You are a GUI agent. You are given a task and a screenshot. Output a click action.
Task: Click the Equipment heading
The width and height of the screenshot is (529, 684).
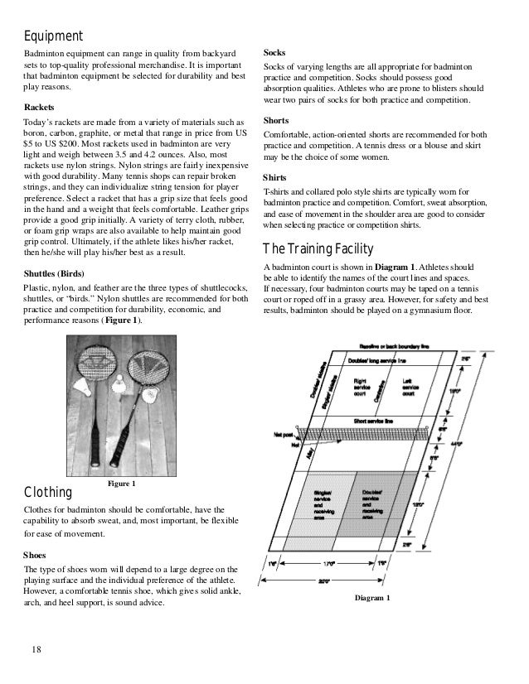[x=52, y=36]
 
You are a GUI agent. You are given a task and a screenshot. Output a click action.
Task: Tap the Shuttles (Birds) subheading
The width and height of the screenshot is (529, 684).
[x=59, y=274]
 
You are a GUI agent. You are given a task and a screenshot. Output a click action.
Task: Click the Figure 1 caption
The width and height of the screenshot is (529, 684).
[x=122, y=483]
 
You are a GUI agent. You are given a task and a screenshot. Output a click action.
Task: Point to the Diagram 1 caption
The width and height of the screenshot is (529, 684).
[x=371, y=598]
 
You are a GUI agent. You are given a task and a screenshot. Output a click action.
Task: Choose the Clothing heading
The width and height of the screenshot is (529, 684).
[x=49, y=495]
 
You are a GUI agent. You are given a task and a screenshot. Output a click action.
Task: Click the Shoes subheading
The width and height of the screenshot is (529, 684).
[x=36, y=556]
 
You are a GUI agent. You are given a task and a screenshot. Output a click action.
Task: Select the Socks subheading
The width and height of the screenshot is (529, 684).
[x=275, y=52]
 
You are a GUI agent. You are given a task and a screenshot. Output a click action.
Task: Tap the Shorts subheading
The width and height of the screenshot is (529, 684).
[x=276, y=120]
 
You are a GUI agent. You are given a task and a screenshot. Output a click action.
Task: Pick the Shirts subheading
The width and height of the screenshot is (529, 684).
[x=275, y=178]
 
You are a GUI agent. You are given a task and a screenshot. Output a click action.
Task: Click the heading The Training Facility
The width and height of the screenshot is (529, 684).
[x=318, y=249]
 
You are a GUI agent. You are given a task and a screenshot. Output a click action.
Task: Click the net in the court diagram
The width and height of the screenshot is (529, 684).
[x=365, y=432]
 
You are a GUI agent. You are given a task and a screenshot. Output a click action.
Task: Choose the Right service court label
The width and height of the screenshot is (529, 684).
[x=362, y=387]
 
